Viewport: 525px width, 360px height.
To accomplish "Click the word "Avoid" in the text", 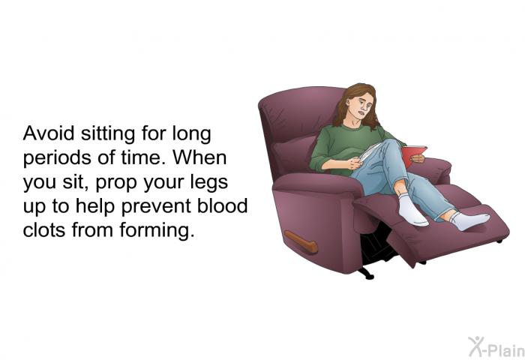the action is [49, 133].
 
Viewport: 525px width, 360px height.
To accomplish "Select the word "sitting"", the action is [108, 134].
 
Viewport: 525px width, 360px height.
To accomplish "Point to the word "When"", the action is [199, 157].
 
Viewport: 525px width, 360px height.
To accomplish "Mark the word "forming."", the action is [157, 231].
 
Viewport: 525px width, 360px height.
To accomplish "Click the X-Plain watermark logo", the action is [496, 347].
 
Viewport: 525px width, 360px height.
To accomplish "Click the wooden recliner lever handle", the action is [301, 241].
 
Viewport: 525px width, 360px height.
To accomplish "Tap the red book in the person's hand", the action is [413, 156].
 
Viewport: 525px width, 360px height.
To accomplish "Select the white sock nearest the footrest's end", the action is [469, 220].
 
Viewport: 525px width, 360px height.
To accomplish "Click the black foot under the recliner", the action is [366, 274].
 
